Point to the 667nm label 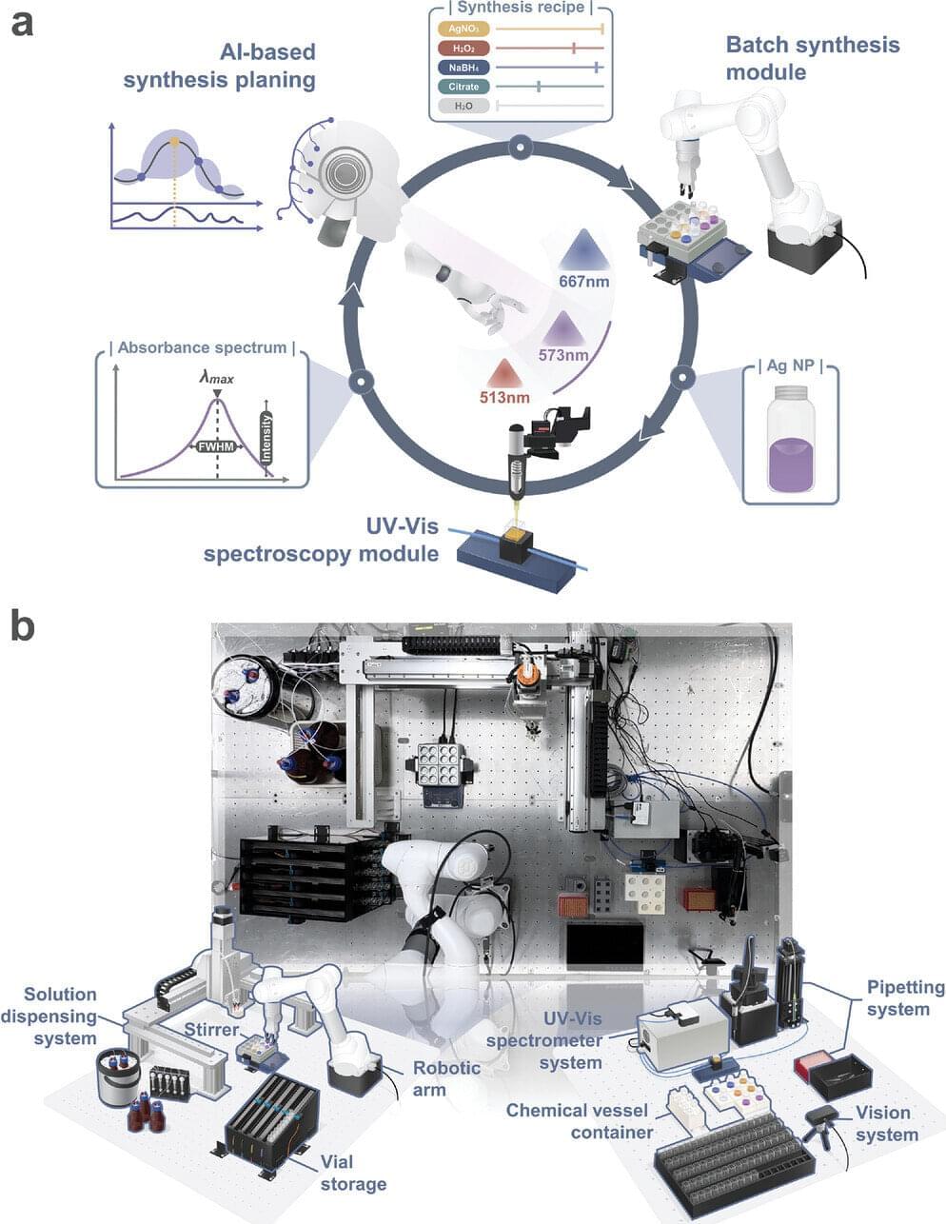tap(584, 282)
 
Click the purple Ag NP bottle tap(791, 439)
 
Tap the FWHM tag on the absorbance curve tap(216, 445)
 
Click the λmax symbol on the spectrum tap(216, 378)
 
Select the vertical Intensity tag tap(266, 437)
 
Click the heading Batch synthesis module tap(812, 58)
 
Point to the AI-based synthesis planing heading tap(220, 66)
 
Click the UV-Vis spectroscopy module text tap(322, 540)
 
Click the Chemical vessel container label tap(577, 1121)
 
